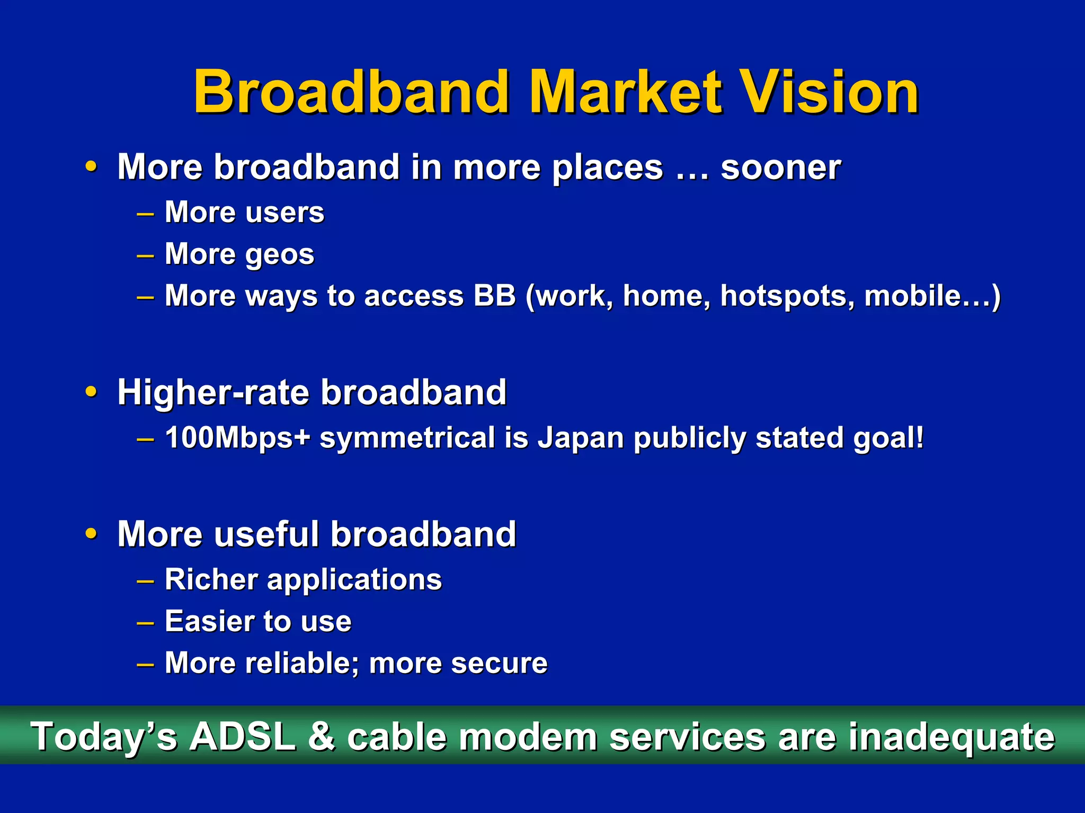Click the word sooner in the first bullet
coord(780,167)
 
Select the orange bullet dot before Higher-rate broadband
coord(92,392)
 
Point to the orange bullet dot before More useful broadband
coord(92,533)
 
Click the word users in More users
coord(284,213)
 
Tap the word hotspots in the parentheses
coord(787,296)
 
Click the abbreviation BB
coord(494,295)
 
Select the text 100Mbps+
coord(237,438)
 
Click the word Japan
coord(581,438)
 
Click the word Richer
coord(211,579)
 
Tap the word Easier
coord(210,621)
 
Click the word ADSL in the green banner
coord(243,737)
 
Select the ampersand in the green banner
coord(321,737)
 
